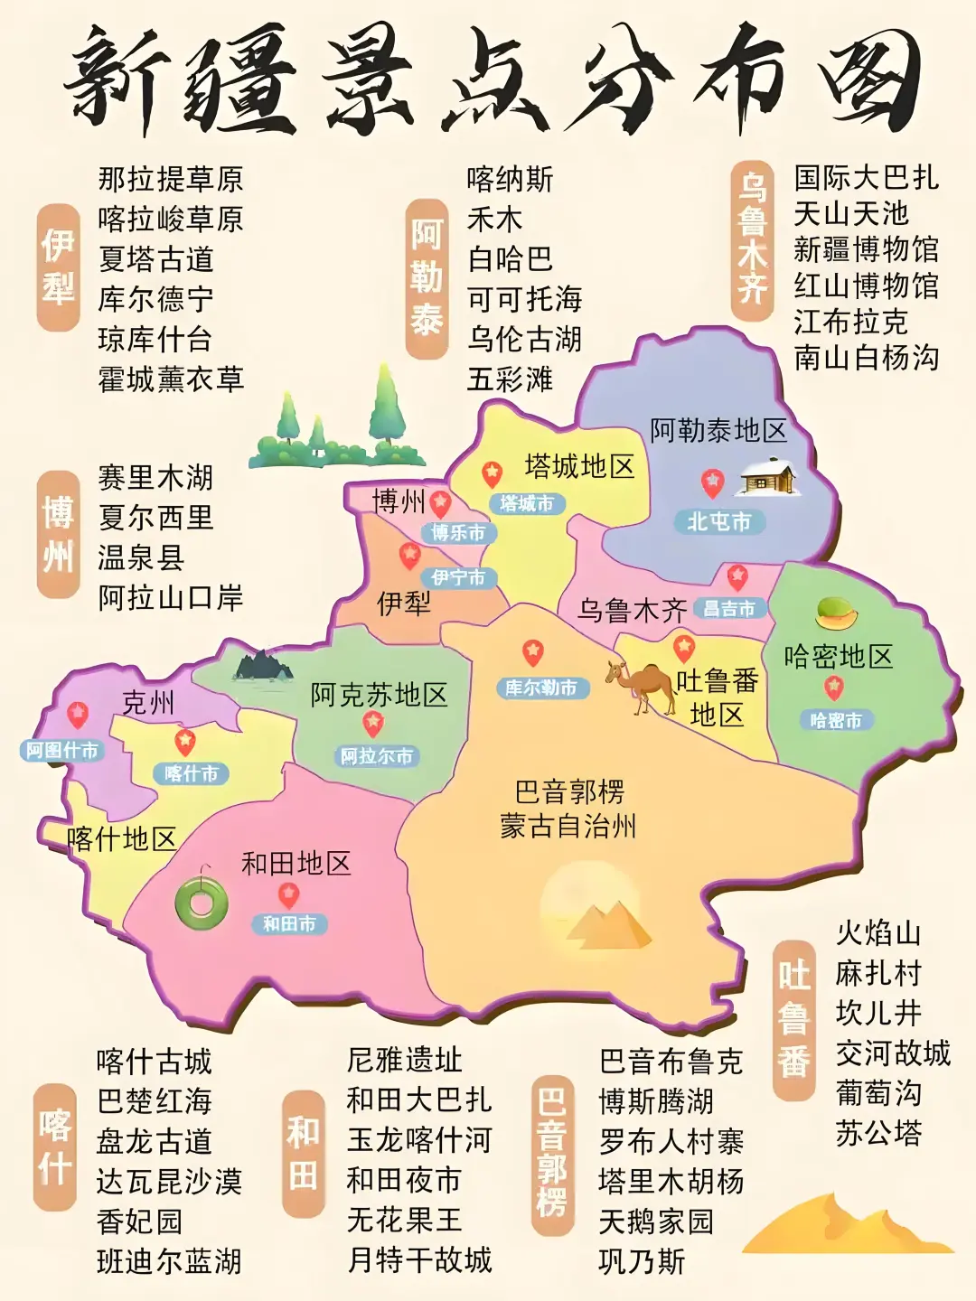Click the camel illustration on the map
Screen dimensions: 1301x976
tap(643, 687)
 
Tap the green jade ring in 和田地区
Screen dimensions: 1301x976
tap(201, 902)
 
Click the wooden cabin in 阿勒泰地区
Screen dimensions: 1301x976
tap(766, 478)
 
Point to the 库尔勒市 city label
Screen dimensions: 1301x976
tap(541, 688)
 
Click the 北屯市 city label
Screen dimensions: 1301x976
tap(719, 521)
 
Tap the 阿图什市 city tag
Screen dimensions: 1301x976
tap(61, 750)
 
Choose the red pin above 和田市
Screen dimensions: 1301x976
tap(288, 895)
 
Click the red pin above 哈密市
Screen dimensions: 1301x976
tap(833, 688)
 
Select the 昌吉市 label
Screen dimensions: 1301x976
tap(730, 609)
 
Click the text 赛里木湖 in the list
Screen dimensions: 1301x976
tap(155, 477)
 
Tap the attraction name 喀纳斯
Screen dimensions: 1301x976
tap(510, 179)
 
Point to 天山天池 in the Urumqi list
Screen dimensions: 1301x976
tap(850, 214)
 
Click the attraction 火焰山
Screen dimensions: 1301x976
tap(878, 932)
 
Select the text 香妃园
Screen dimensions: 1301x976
tap(139, 1221)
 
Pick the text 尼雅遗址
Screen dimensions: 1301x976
tap(404, 1059)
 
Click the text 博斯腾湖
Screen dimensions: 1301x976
tap(656, 1101)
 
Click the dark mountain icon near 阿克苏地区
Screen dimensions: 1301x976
tap(263, 666)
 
